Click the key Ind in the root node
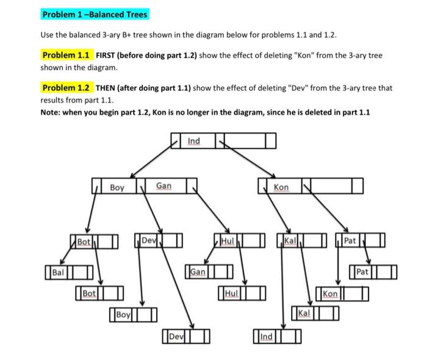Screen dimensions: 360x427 point(193,142)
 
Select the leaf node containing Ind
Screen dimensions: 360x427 point(277,336)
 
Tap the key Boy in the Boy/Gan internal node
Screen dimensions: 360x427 point(117,185)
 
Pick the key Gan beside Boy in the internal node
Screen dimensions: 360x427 point(164,185)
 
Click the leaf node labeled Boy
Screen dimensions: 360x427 point(132,315)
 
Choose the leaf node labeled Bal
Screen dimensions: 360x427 point(68,270)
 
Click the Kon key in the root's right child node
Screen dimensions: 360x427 point(281,185)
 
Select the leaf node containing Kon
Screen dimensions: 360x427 point(342,293)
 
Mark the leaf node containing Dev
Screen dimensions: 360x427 point(187,336)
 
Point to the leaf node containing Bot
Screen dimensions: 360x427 point(99,293)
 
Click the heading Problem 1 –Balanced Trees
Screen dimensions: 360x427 point(95,14)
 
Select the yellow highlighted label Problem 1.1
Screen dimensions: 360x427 point(66,55)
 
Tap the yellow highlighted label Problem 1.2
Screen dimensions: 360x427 point(66,88)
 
